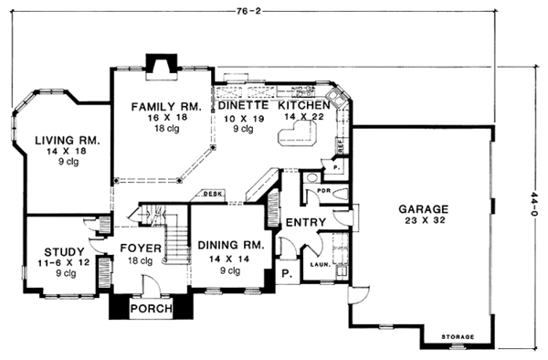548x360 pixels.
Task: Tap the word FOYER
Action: (141, 249)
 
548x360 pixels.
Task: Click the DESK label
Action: (214, 194)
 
